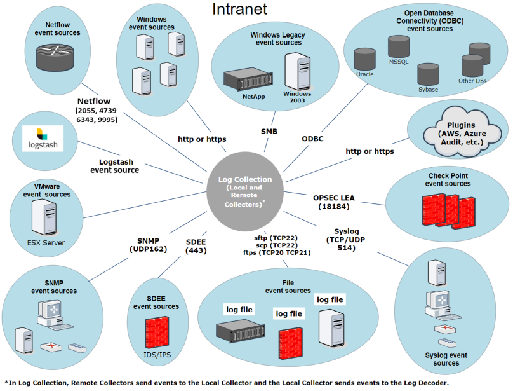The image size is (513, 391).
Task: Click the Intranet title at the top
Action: pos(239,9)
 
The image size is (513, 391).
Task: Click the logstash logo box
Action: pos(43,139)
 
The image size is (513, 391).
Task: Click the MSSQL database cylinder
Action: pos(399,46)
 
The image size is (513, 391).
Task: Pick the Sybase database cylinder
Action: pos(429,74)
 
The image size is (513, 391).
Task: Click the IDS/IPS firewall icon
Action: pos(156,332)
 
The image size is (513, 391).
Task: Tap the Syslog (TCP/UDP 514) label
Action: pos(346,239)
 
